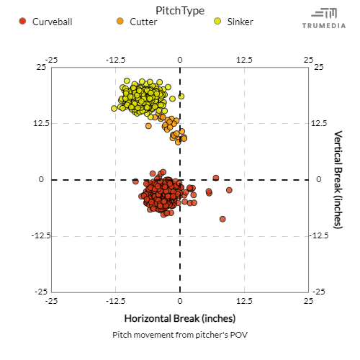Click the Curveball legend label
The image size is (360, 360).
(x=52, y=22)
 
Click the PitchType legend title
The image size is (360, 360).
(x=180, y=10)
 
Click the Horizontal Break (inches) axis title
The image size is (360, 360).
(x=180, y=318)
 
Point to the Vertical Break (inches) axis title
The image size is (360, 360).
(x=338, y=180)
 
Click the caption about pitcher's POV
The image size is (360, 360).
(x=180, y=335)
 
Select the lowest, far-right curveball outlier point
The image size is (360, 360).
(x=222, y=219)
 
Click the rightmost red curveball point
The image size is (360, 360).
(x=229, y=190)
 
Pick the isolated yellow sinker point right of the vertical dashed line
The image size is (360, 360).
(x=181, y=96)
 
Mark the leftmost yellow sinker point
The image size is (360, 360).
(x=114, y=108)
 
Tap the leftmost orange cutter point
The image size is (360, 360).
(x=148, y=126)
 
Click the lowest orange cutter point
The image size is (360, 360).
(x=178, y=142)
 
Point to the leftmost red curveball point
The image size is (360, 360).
(x=135, y=181)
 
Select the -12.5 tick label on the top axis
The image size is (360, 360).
(x=115, y=60)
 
